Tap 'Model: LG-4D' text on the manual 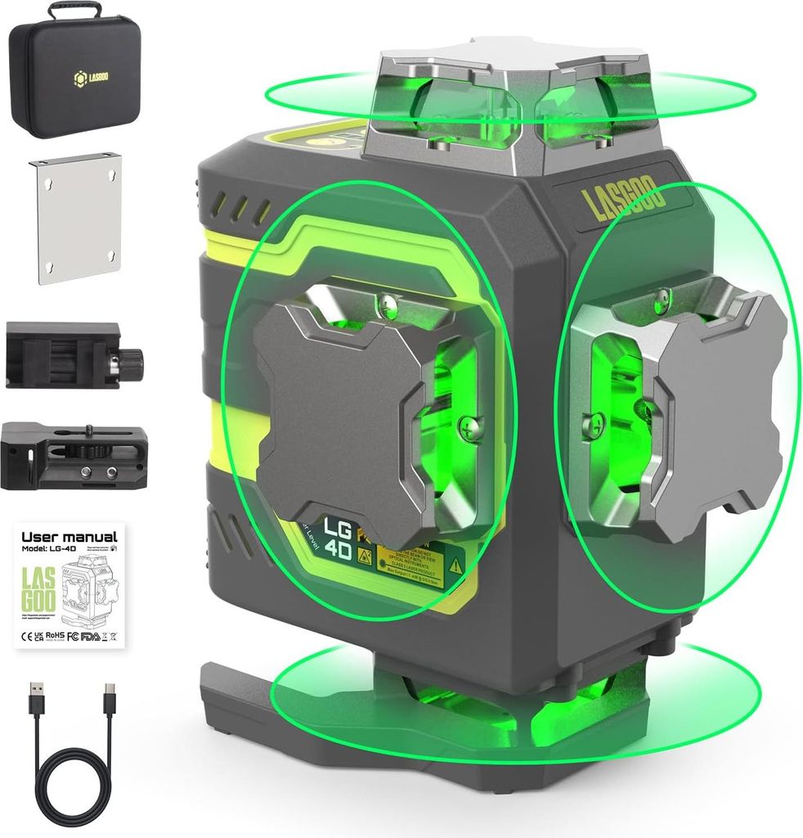coord(49,549)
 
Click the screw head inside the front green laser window coord(467,425)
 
